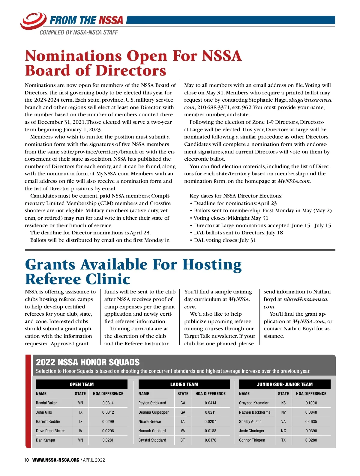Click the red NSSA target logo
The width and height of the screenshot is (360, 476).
[33, 20]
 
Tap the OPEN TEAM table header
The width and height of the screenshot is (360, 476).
[82, 384]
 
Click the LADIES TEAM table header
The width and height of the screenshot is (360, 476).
[184, 384]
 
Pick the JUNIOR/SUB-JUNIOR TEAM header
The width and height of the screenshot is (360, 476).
[285, 384]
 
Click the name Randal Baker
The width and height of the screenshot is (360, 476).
[46, 403]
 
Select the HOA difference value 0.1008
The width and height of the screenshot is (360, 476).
[311, 403]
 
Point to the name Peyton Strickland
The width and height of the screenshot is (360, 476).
[152, 403]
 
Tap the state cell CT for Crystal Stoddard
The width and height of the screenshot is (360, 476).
[183, 440]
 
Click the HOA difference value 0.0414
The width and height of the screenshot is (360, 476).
[210, 403]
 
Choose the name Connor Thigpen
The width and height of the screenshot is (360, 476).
[252, 440]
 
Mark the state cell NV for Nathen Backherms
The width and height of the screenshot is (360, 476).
[283, 412]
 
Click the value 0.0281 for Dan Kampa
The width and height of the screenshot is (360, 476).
[108, 440]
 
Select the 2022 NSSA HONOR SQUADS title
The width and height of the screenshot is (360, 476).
[88, 362]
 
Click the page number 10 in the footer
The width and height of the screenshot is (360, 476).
[26, 460]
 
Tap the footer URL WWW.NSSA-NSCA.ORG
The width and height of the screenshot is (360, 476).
[56, 460]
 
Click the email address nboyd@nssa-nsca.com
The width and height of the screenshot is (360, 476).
[306, 299]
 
